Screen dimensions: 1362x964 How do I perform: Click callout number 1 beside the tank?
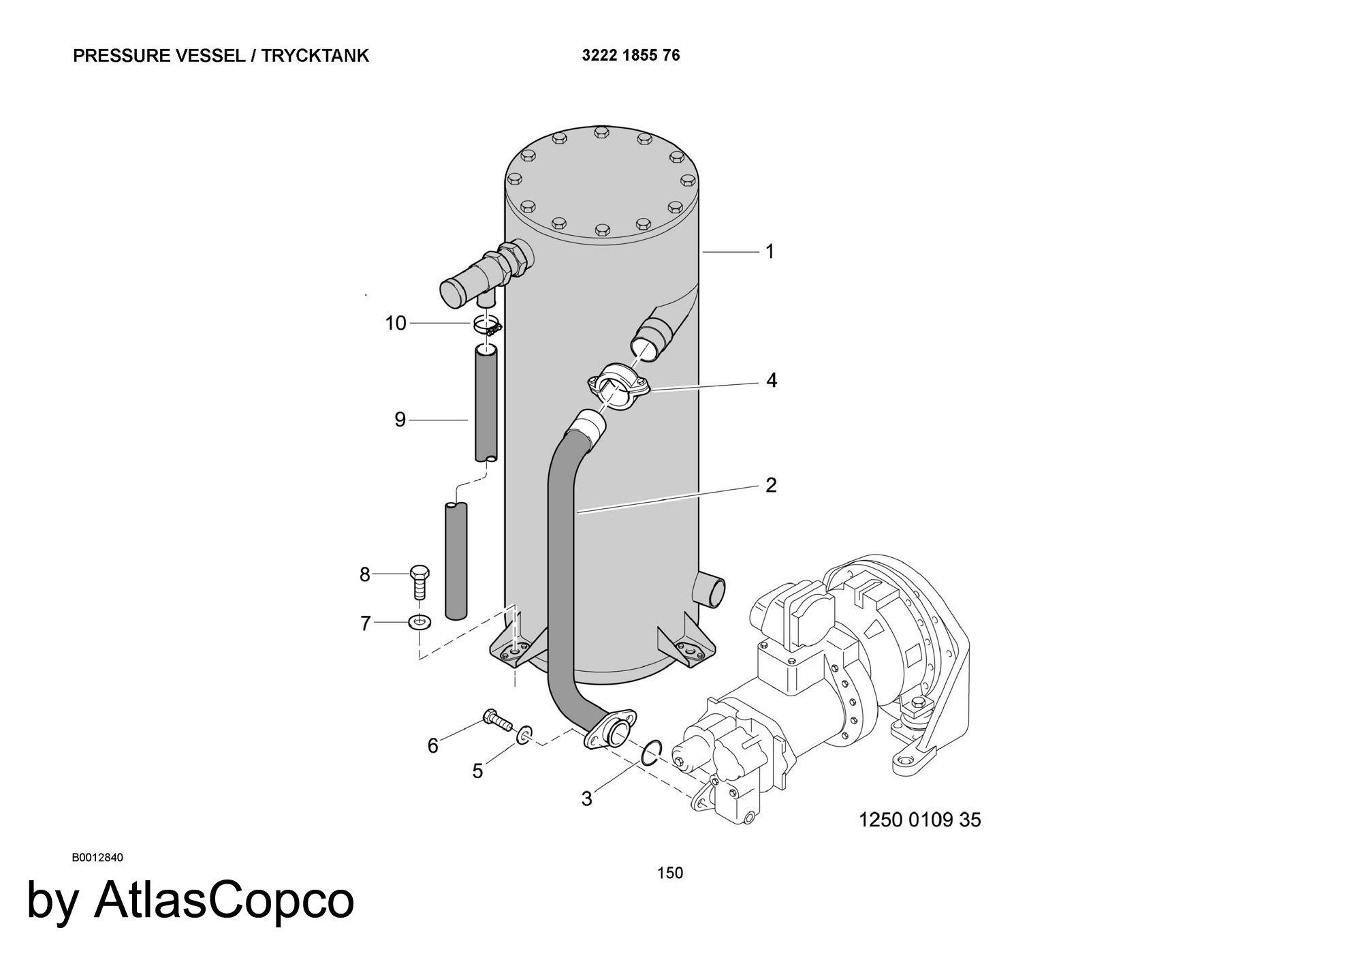pos(770,252)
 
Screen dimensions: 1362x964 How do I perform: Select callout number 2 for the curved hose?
pos(771,485)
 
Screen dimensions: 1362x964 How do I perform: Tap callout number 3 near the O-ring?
pos(587,798)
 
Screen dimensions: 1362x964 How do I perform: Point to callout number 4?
pos(771,380)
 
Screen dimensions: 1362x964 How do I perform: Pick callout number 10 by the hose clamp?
pos(396,323)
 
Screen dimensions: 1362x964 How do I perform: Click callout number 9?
pos(400,420)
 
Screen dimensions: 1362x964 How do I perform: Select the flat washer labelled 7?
pos(419,621)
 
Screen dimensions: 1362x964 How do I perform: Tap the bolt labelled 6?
pos(498,720)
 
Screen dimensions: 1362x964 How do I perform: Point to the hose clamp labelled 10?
pos(488,326)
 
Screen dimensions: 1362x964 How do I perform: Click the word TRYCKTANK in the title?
pos(315,56)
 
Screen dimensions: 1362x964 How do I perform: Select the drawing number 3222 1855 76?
pos(631,55)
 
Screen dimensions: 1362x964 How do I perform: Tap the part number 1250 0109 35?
pos(920,820)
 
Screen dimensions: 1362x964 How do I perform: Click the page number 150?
pos(670,873)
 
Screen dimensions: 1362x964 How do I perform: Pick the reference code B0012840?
pos(97,857)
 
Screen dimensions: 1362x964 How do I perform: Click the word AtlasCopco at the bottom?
pos(225,900)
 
